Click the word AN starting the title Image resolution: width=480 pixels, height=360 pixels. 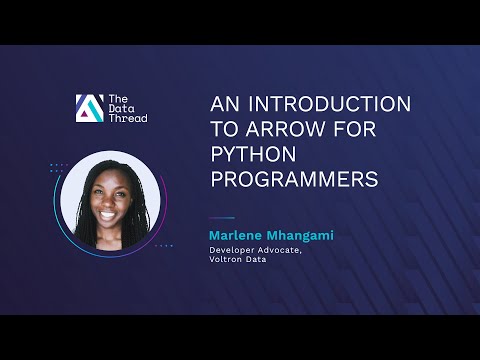pyautogui.click(x=222, y=105)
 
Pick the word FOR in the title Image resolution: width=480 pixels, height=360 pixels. pyautogui.click(x=354, y=129)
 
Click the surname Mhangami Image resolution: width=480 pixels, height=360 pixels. pyautogui.click(x=297, y=235)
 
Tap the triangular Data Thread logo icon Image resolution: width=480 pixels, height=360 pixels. pyautogui.click(x=88, y=108)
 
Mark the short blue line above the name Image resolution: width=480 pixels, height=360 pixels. pyautogui.click(x=221, y=219)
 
